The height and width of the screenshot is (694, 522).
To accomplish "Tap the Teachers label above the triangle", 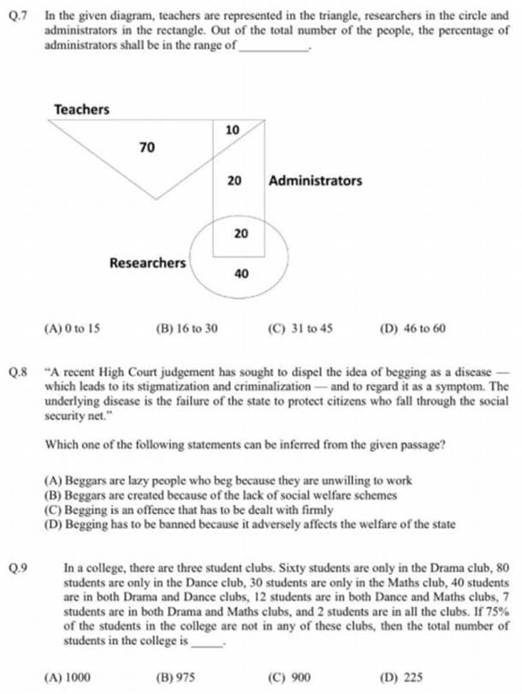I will [81, 110].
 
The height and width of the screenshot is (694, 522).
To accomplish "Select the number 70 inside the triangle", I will [146, 148].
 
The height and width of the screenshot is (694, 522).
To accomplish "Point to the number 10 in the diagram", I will [233, 130].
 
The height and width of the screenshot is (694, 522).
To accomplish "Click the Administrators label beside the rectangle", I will [315, 181].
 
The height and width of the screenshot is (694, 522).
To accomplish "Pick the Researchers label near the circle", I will [147, 262].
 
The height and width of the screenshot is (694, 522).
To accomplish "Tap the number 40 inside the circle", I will [241, 274].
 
